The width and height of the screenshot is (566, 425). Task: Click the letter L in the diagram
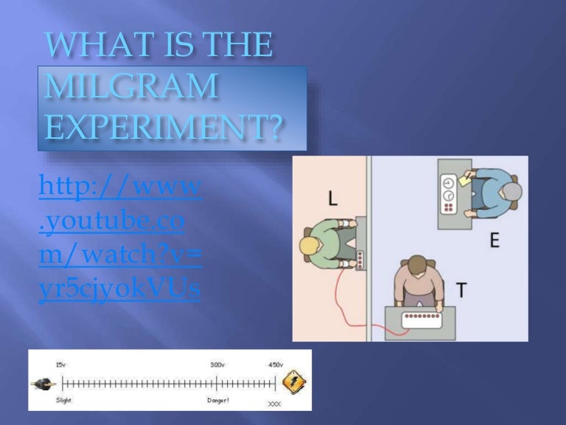point(333,198)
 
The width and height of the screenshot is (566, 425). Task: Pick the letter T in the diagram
point(461,290)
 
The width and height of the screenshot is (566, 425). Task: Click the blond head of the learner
point(311,246)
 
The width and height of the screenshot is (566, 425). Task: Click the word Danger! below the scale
point(217,400)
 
